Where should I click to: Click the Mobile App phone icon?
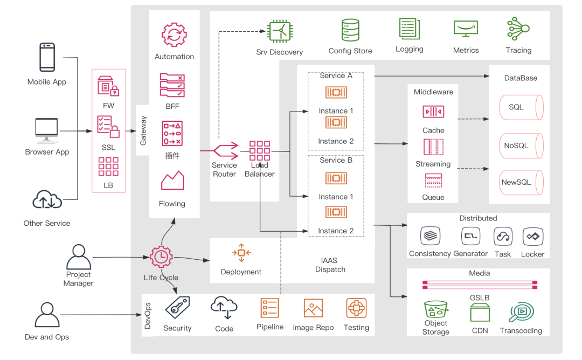coord(47,58)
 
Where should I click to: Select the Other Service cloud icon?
coord(47,200)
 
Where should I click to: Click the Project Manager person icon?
coord(79,257)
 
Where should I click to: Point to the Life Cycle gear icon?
coord(161,257)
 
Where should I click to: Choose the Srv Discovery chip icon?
coord(280,31)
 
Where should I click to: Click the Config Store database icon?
coord(350,30)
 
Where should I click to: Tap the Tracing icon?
coord(518,29)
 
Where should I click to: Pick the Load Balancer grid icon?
coord(260,151)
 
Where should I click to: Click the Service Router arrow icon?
coord(225,150)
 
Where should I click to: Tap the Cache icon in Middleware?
coord(433,112)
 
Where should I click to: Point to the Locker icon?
coord(533,237)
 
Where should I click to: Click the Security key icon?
coord(177,308)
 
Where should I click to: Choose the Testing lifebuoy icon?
coord(356,309)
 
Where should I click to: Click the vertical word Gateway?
coord(143,130)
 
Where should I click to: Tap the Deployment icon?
coord(241,253)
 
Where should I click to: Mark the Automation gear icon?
coord(174,35)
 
